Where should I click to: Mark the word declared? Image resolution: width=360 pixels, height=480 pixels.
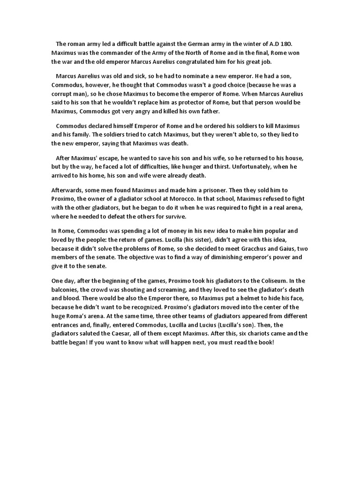101,126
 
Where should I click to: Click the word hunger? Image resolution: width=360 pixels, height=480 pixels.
195,166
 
